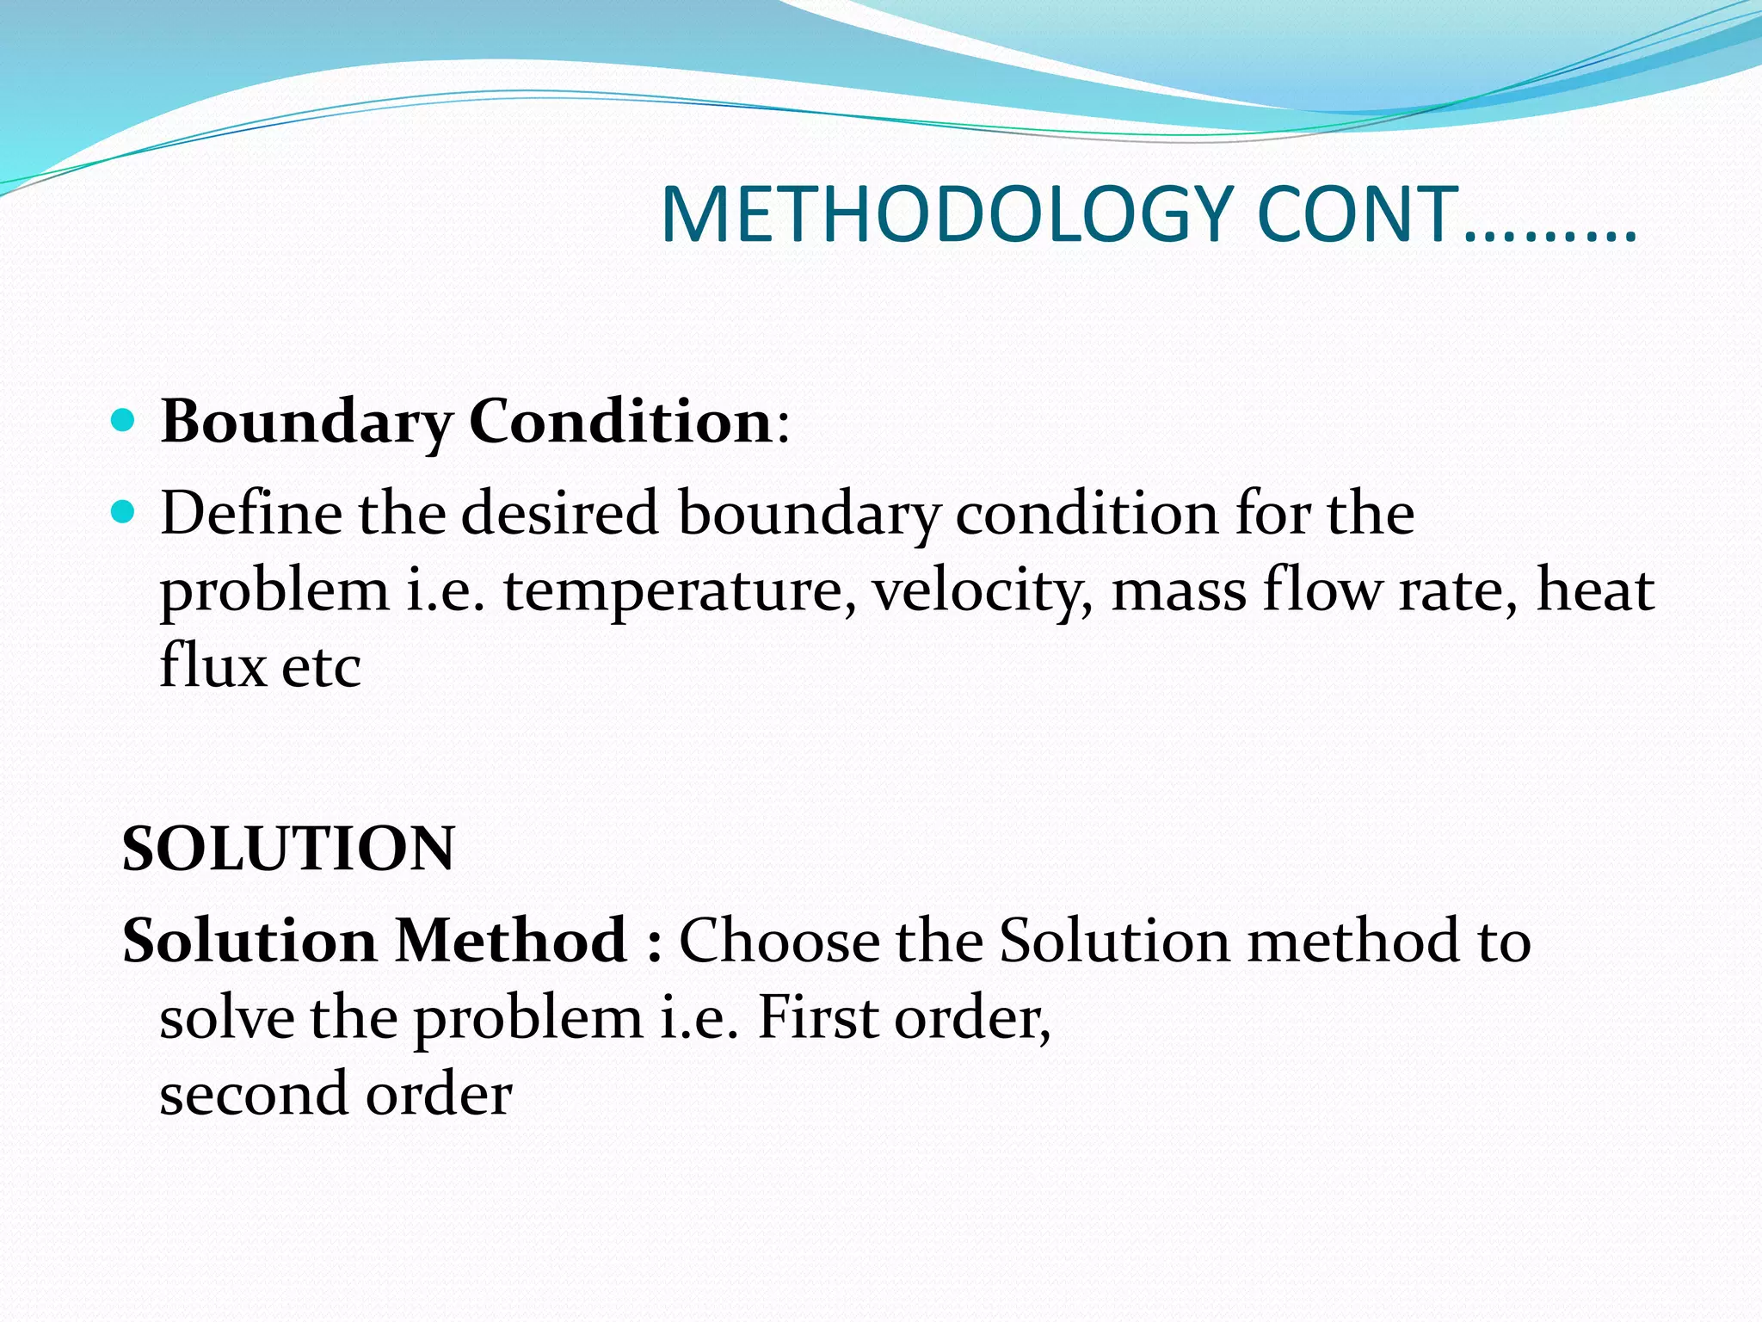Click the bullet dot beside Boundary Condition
(124, 420)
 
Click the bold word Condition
(620, 422)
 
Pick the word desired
(560, 513)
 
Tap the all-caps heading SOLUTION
(288, 849)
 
